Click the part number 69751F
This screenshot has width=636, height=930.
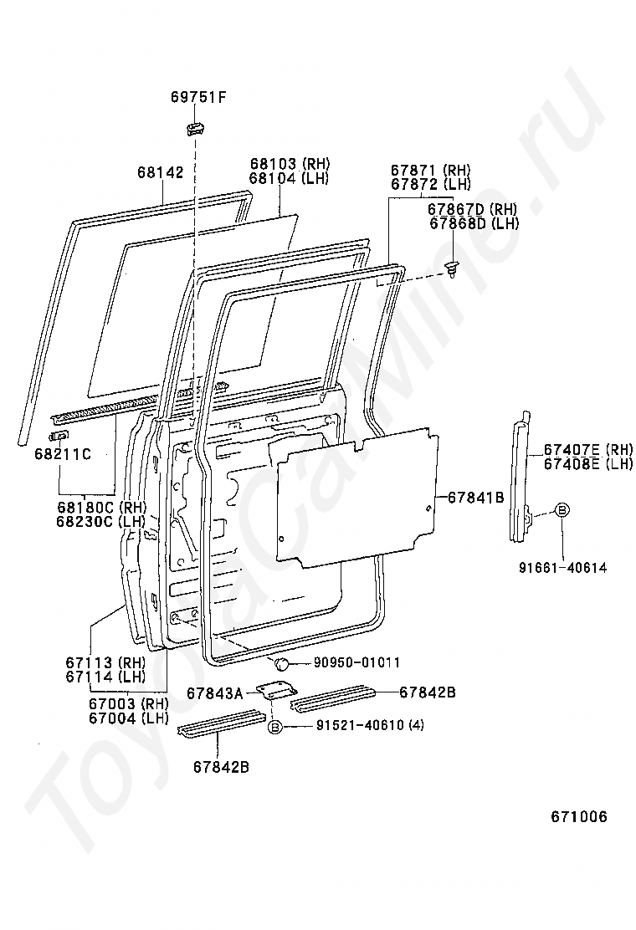coord(198,98)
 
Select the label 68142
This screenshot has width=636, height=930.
coord(160,172)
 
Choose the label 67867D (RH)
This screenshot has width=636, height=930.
coord(473,209)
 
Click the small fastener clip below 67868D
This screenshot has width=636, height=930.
coord(452,270)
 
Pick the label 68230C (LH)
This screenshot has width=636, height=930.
coord(101,520)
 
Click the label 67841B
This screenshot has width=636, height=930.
coord(474,497)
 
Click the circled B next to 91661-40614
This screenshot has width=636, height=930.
coord(562,510)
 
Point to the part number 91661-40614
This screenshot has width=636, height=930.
coord(562,568)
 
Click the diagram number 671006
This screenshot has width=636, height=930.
coord(578,816)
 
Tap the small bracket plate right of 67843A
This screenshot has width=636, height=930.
coord(275,692)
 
